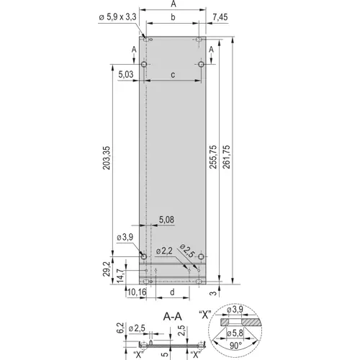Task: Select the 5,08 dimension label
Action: [x=165, y=219]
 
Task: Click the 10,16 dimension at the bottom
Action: [x=136, y=292]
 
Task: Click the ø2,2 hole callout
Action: [x=165, y=251]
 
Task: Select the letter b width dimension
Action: [x=173, y=16]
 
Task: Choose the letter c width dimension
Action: [x=173, y=74]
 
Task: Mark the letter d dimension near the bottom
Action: [x=173, y=292]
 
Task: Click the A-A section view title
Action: [x=171, y=315]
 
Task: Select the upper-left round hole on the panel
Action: [x=145, y=64]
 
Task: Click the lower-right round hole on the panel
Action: [x=201, y=257]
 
